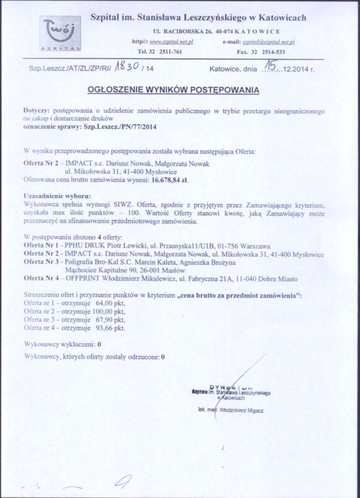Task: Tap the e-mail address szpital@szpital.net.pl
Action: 268,42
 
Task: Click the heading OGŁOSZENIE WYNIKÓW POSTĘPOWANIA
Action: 174,89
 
